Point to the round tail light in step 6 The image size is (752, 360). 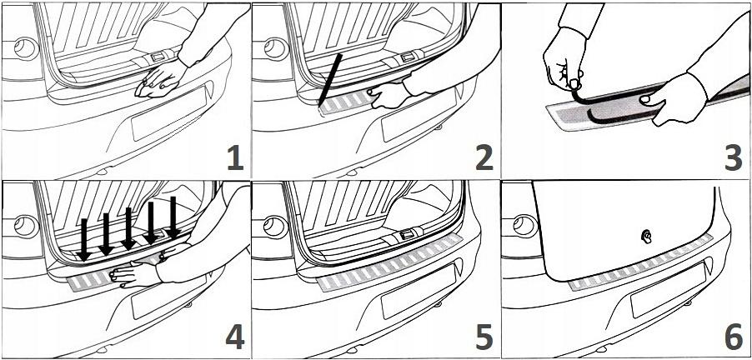pos(524,224)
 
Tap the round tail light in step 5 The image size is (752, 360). pos(273,224)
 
